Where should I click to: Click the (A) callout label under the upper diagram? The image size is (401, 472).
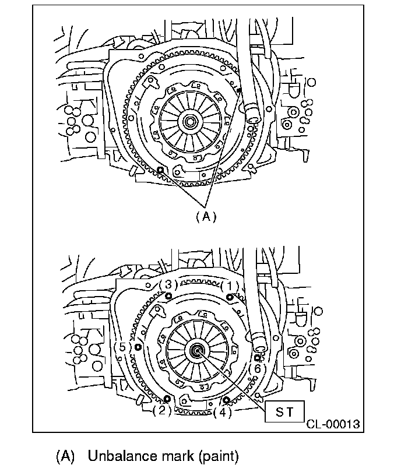[x=205, y=216]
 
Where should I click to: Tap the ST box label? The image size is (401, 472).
[x=285, y=412]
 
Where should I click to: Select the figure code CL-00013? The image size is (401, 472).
[x=333, y=424]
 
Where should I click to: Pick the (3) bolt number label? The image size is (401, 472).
[x=168, y=285]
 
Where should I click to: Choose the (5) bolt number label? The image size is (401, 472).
[x=122, y=348]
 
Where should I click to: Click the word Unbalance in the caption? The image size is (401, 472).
[x=119, y=456]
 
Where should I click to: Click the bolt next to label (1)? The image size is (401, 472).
[x=230, y=297]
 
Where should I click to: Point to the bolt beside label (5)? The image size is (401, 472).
[x=138, y=347]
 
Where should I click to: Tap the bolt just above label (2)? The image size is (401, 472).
[x=168, y=399]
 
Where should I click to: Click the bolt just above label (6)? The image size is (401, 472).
[x=257, y=357]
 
